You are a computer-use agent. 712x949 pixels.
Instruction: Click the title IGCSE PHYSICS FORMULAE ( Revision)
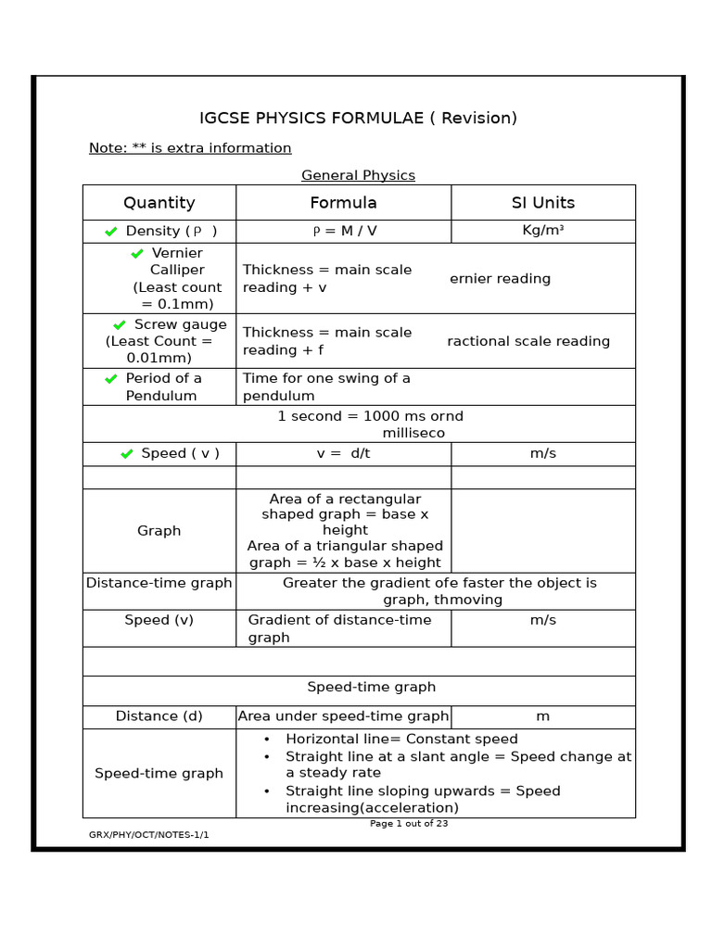click(358, 118)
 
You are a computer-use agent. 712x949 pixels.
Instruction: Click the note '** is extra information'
click(190, 148)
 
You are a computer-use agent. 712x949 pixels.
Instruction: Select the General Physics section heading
click(358, 175)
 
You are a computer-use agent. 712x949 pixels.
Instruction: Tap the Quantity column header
click(159, 202)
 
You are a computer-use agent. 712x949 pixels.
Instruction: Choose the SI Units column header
click(542, 202)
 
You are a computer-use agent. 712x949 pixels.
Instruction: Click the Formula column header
click(343, 202)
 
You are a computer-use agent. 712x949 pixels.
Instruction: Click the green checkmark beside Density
click(111, 232)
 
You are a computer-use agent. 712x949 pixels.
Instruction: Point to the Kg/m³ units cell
click(542, 231)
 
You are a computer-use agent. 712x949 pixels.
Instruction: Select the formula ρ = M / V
click(343, 231)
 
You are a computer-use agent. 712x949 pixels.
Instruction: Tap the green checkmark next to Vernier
click(137, 253)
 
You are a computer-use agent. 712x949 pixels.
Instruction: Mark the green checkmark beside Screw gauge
click(120, 325)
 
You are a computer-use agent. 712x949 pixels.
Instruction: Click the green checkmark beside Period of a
click(111, 378)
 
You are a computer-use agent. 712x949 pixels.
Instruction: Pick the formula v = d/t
click(343, 453)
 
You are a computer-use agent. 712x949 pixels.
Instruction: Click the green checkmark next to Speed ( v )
click(127, 453)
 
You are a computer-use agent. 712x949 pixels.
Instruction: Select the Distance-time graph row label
click(159, 583)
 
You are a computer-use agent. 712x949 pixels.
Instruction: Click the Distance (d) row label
click(159, 716)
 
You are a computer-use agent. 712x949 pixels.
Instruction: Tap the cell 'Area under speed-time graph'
click(343, 716)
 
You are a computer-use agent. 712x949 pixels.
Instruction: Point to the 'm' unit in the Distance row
click(542, 716)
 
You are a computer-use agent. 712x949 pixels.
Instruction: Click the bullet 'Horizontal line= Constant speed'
click(400, 739)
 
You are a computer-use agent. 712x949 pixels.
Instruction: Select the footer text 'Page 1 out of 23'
click(409, 823)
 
